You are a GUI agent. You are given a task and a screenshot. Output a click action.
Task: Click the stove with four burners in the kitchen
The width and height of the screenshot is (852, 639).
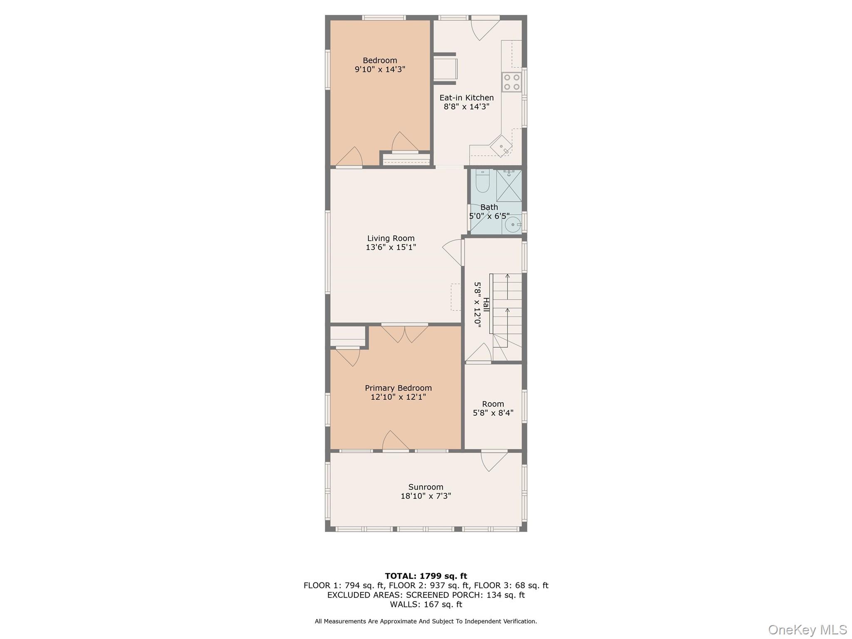click(512, 82)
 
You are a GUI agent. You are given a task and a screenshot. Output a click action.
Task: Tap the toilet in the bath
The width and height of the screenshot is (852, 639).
click(483, 181)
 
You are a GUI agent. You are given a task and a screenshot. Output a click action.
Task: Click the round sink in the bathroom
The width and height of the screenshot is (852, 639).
click(513, 225)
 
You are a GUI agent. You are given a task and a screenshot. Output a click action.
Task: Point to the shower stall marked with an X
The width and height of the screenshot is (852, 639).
click(509, 186)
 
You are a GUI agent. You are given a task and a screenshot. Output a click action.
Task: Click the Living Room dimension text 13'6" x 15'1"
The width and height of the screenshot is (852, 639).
click(391, 247)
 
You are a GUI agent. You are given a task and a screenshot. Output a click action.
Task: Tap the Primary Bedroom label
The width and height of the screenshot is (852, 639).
click(398, 388)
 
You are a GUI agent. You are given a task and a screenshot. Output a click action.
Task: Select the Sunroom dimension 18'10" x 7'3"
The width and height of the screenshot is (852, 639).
click(426, 496)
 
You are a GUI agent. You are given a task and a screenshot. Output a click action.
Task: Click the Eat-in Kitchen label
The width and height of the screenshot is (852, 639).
click(466, 98)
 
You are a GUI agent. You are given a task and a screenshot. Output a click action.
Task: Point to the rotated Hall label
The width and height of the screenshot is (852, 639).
click(486, 305)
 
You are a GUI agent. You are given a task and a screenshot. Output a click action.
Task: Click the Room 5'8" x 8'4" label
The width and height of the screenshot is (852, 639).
click(493, 408)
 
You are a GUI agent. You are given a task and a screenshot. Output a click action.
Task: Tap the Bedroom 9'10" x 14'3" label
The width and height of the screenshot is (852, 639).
click(380, 65)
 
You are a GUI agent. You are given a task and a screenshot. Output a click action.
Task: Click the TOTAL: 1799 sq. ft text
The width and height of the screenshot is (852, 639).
click(426, 576)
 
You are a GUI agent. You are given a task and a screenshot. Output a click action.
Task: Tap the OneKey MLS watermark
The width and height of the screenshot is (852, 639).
click(807, 629)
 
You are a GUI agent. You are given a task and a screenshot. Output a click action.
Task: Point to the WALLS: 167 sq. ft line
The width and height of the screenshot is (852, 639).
click(426, 604)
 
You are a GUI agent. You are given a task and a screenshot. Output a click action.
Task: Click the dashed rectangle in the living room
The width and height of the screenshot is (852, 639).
click(456, 297)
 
